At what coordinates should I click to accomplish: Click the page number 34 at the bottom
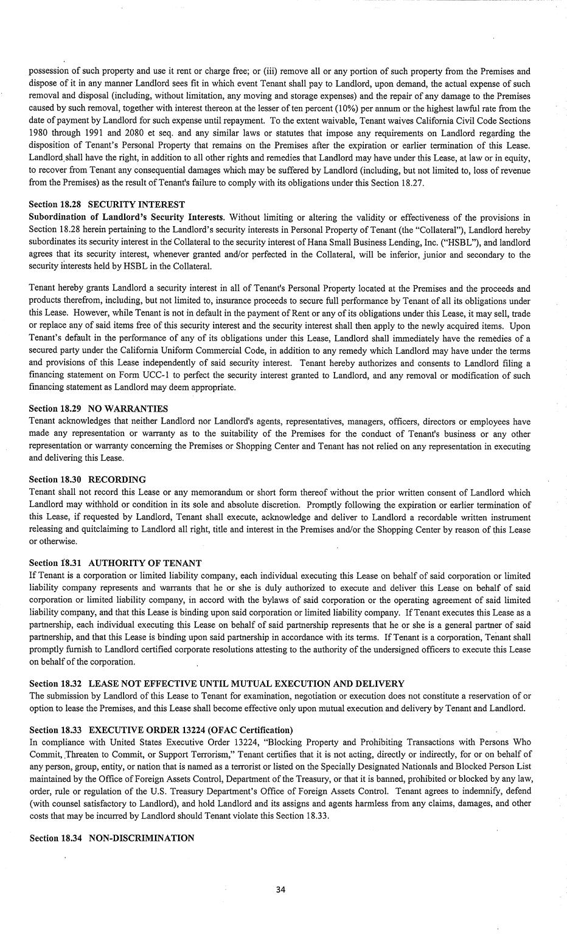tap(280, 889)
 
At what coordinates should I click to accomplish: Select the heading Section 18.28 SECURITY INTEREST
tap(106, 204)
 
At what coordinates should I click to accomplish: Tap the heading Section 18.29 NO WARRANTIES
tap(98, 409)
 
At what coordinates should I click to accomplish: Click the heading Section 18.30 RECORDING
tap(87, 480)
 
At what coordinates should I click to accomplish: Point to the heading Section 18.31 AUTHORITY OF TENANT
tap(115, 563)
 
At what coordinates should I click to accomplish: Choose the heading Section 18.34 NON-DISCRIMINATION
tap(111, 838)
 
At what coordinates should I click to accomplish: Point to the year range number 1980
tap(40, 133)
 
